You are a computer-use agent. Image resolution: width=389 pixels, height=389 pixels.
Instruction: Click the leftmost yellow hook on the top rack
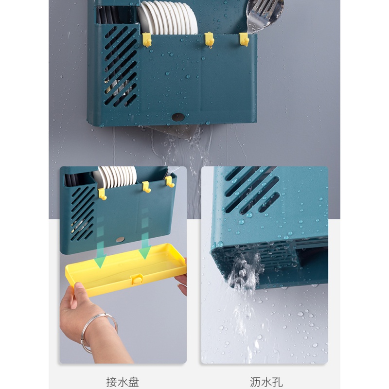(x=147, y=40)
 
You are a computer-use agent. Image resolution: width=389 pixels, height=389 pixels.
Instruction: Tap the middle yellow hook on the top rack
(x=210, y=39)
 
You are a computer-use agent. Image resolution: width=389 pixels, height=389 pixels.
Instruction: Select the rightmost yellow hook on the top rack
(x=244, y=39)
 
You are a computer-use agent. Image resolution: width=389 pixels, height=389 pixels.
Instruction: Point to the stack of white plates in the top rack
(x=167, y=18)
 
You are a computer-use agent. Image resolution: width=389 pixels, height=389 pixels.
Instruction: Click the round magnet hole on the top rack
(x=178, y=117)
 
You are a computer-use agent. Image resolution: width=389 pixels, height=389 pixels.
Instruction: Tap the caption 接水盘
(x=123, y=382)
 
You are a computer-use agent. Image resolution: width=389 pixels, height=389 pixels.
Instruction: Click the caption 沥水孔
(x=266, y=382)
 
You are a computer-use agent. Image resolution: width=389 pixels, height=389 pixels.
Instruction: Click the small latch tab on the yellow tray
(x=137, y=279)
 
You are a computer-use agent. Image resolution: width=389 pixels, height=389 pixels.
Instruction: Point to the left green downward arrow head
(x=100, y=261)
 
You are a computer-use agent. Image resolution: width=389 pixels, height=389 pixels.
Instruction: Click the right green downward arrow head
(x=145, y=252)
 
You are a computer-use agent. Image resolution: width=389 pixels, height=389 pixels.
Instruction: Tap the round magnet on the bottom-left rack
(x=120, y=239)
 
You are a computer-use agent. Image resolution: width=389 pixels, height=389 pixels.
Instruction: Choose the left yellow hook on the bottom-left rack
(x=103, y=194)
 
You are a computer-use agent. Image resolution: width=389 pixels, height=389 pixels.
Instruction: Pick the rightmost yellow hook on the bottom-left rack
(x=170, y=181)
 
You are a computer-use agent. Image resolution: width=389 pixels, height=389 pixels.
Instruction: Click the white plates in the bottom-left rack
(x=115, y=177)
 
